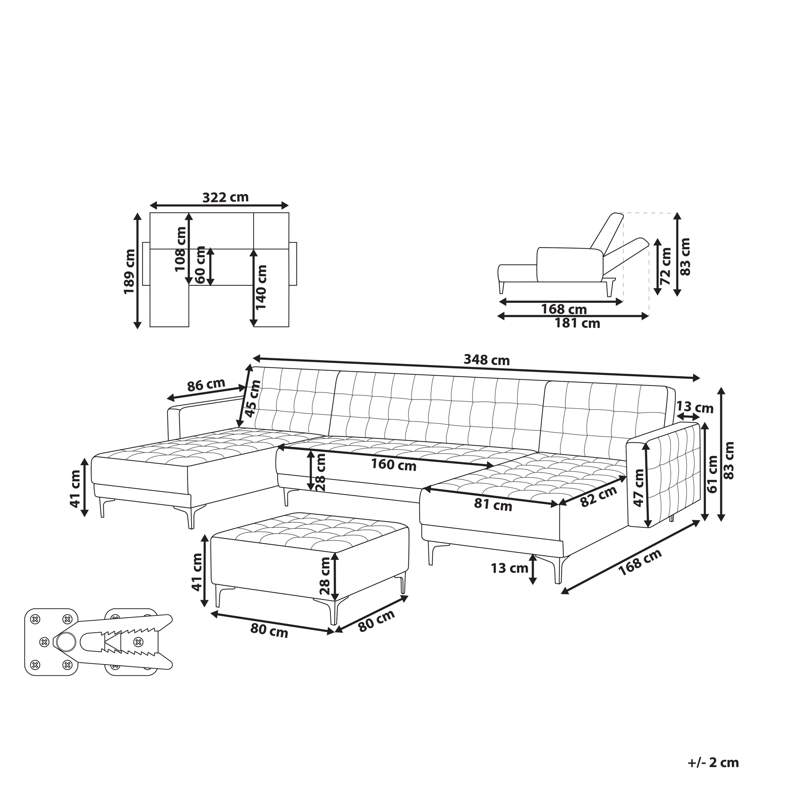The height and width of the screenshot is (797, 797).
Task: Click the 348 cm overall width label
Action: [x=487, y=360]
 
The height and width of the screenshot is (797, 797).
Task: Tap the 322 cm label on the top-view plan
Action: [x=226, y=197]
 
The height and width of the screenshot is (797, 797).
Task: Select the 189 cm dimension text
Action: [x=130, y=271]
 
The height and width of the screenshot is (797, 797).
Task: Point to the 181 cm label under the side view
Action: [x=577, y=323]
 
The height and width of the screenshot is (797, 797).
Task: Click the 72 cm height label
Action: [x=665, y=266]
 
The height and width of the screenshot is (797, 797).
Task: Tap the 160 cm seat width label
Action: [x=394, y=465]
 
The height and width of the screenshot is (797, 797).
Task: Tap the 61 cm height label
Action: [x=712, y=474]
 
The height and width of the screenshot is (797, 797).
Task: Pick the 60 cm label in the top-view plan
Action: [x=201, y=265]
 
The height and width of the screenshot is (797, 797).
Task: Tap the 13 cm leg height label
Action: [x=509, y=568]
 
